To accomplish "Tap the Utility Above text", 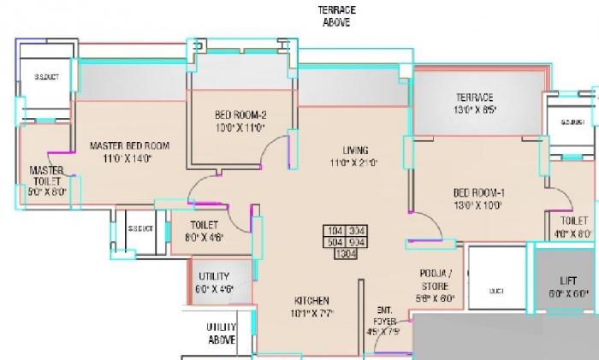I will tap(221, 333).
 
